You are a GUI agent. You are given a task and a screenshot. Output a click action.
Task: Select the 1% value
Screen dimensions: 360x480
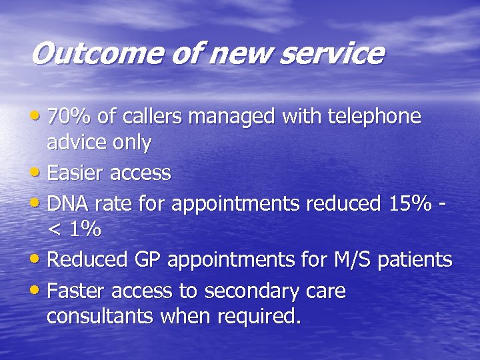pyautogui.click(x=84, y=230)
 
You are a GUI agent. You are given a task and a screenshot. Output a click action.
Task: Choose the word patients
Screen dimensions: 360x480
pyautogui.click(x=415, y=260)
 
